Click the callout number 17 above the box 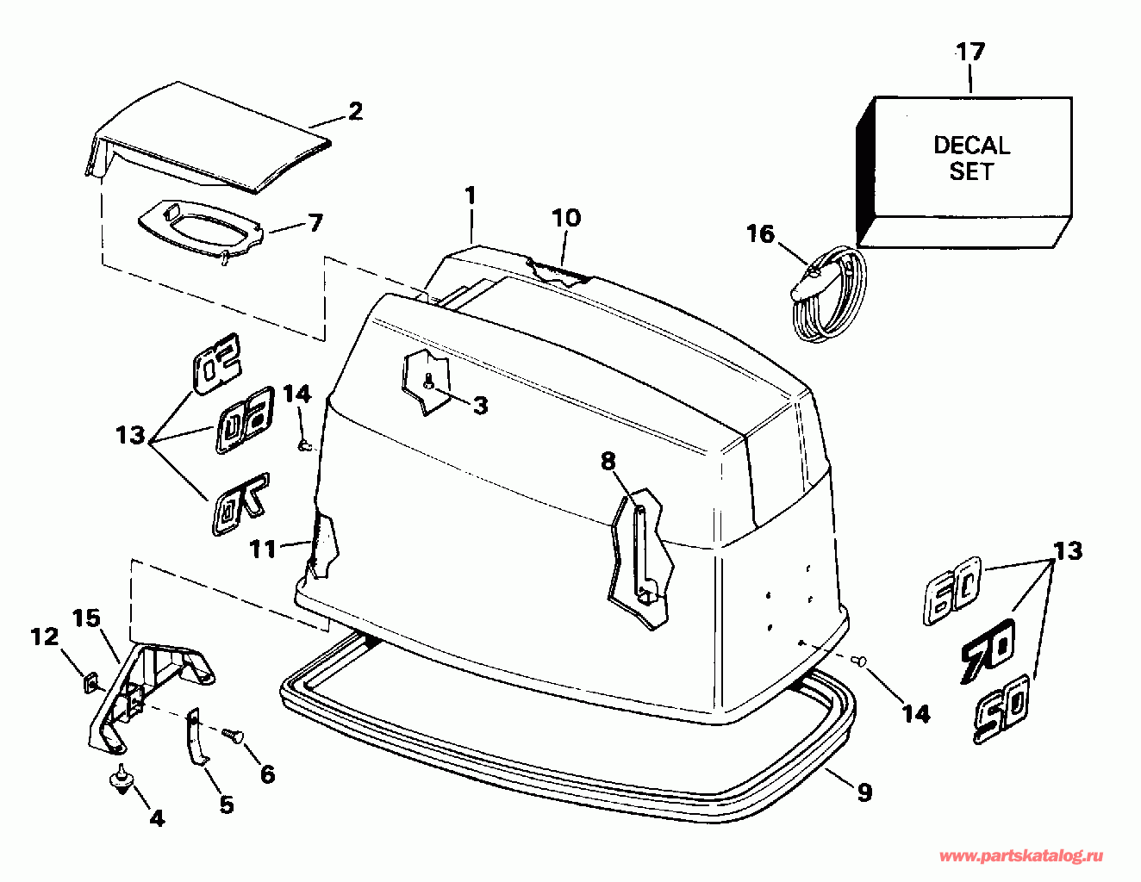pyautogui.click(x=970, y=53)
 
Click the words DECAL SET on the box pyautogui.click(x=971, y=158)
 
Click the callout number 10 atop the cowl pyautogui.click(x=566, y=218)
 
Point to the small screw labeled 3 pyautogui.click(x=428, y=382)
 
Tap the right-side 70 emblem pyautogui.click(x=988, y=651)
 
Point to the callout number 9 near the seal pyautogui.click(x=864, y=792)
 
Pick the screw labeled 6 pyautogui.click(x=232, y=735)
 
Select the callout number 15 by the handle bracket pyautogui.click(x=86, y=618)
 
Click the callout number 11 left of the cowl pyautogui.click(x=264, y=549)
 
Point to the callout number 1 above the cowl pyautogui.click(x=470, y=196)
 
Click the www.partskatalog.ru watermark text pyautogui.click(x=1020, y=855)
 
